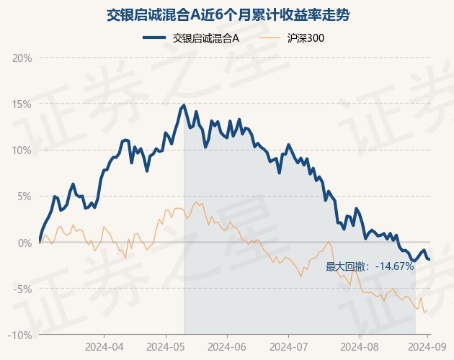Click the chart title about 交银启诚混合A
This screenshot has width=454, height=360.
(227, 14)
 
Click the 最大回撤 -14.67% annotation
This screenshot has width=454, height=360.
(370, 266)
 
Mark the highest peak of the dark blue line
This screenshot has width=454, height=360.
(184, 105)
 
